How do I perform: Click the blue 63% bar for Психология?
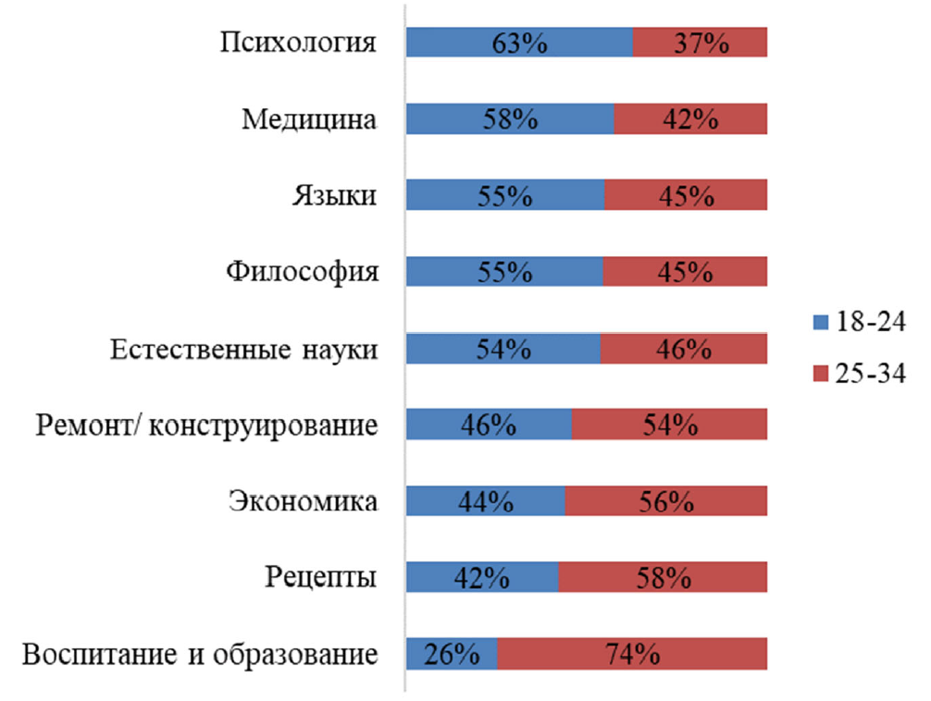(x=519, y=43)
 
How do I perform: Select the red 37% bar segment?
(x=701, y=43)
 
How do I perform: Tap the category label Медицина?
(x=310, y=119)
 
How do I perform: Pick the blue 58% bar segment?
(x=510, y=119)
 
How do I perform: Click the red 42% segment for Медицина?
(x=690, y=119)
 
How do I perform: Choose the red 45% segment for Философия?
(x=686, y=273)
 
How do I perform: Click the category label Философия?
(x=303, y=273)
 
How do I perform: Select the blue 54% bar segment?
(x=503, y=350)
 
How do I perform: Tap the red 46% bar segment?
(x=684, y=350)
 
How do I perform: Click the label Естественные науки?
(x=244, y=350)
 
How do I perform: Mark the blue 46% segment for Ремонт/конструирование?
(x=490, y=425)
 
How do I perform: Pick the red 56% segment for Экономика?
(x=666, y=502)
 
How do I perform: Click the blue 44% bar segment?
(x=486, y=502)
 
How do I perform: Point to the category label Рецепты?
(x=320, y=579)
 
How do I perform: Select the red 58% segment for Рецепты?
(x=663, y=579)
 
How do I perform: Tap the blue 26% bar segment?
(x=452, y=656)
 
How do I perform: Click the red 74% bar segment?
(x=632, y=656)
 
